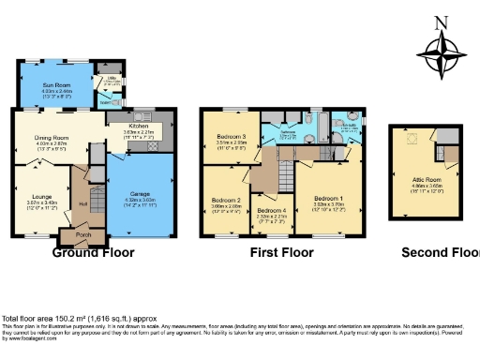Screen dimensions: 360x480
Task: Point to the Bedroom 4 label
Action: click(272, 212)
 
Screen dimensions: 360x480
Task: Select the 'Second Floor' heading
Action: click(439, 252)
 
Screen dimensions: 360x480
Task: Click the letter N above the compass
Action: click(444, 22)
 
